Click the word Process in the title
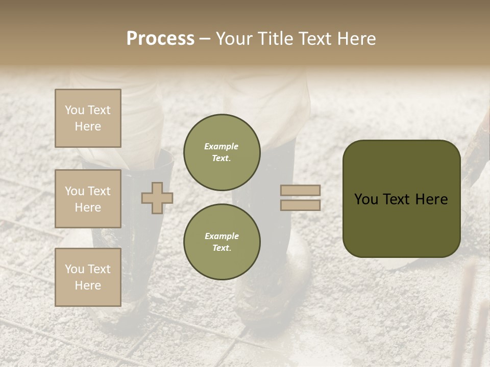pos(160,39)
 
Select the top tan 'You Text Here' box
pos(88,118)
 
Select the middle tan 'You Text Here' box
pos(88,199)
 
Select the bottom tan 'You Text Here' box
pos(88,277)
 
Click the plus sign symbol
pos(157,198)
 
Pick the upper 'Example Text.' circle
pos(222,152)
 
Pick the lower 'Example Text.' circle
pos(222,242)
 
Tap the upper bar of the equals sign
pos(300,191)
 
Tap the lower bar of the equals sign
pos(300,205)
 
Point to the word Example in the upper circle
pos(222,147)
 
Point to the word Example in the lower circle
pos(222,237)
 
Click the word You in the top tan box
pos(75,110)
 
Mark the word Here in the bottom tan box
pos(88,285)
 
